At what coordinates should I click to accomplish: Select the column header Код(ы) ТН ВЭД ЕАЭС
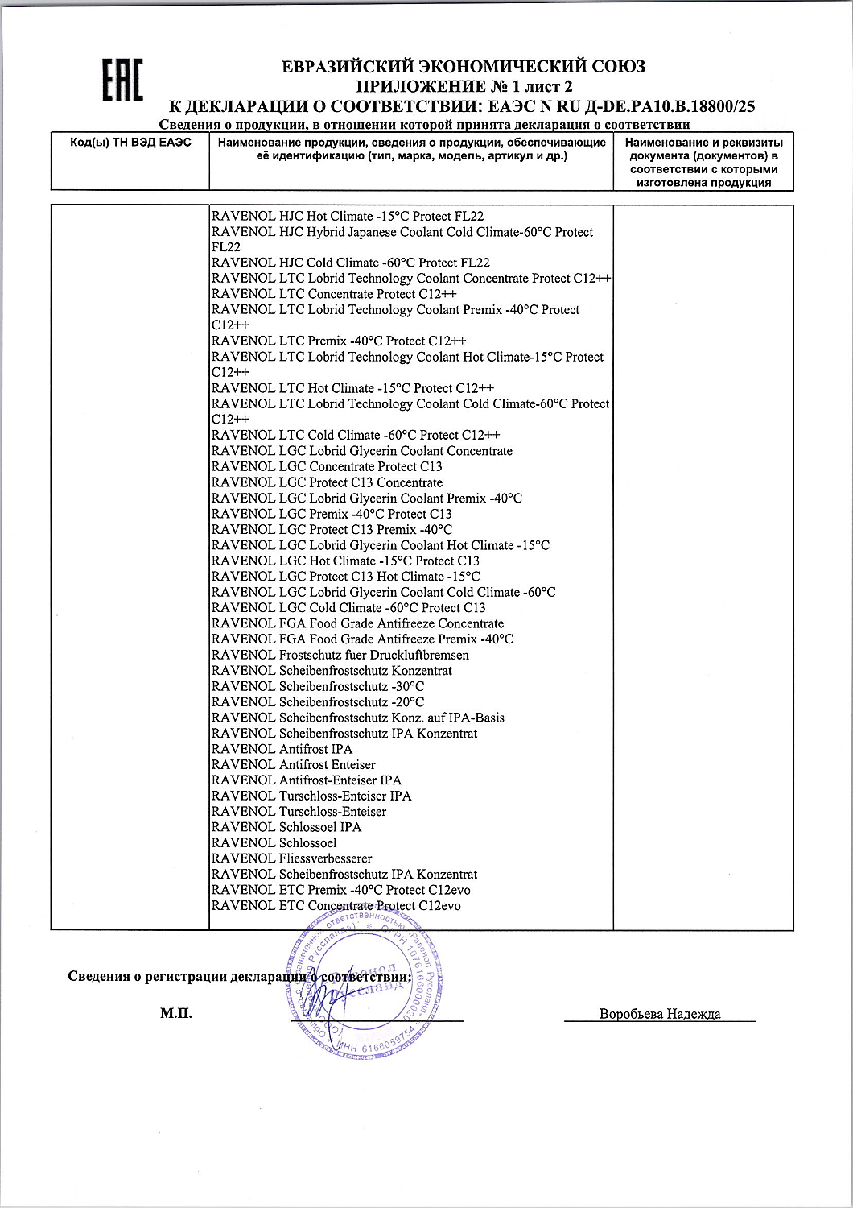point(130,143)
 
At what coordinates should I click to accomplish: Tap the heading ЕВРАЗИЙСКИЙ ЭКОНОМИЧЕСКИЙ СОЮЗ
point(464,67)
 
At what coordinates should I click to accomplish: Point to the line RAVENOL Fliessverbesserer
point(291,858)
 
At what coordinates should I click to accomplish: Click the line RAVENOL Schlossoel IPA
point(286,827)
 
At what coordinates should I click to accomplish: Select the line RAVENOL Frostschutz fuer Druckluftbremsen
point(340,655)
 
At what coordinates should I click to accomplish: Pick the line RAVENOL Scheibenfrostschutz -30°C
point(317,686)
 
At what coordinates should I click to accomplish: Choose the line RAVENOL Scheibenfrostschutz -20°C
point(317,702)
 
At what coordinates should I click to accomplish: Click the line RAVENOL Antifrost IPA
point(282,749)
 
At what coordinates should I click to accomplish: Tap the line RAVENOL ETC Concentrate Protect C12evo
point(336,906)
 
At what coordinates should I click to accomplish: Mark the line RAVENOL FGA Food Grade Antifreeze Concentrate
point(357,623)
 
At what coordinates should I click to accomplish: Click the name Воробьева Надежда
point(660,1014)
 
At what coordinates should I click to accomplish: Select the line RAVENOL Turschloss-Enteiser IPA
point(311,796)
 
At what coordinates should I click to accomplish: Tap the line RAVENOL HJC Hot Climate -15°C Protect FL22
point(347,217)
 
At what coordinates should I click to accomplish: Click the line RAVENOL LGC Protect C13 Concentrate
point(327,482)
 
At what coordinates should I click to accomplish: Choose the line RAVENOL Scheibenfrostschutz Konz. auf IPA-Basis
point(357,718)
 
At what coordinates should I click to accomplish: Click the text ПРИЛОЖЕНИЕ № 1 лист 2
point(464,86)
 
